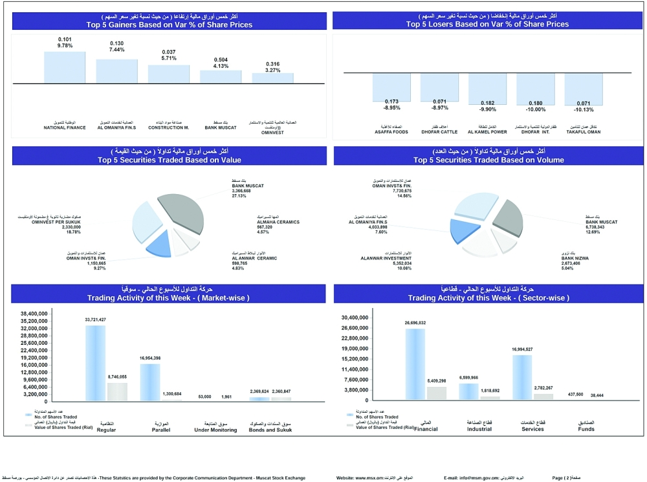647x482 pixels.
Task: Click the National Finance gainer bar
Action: click(65, 67)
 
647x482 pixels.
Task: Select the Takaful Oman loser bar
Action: click(584, 89)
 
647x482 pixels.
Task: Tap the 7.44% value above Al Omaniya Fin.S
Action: click(116, 50)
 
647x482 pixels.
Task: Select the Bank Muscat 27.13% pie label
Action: click(248, 191)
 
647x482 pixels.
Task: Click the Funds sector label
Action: click(586, 428)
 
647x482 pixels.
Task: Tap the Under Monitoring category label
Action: click(214, 429)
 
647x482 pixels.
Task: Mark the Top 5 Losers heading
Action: click(487, 25)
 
